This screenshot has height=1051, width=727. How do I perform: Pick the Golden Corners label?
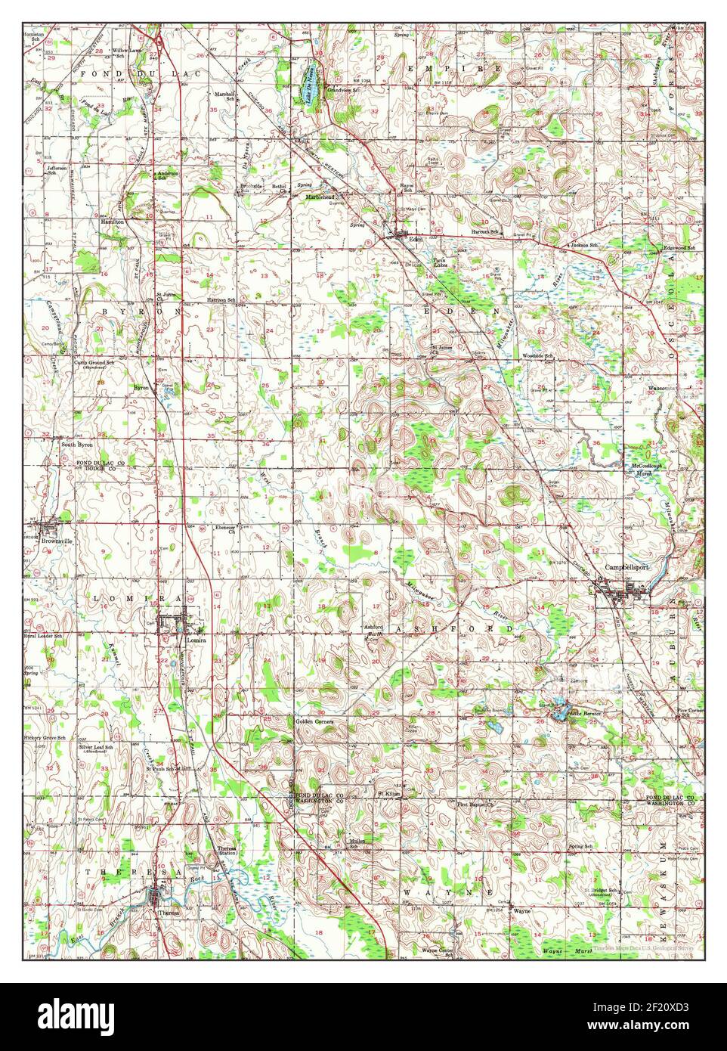click(315, 722)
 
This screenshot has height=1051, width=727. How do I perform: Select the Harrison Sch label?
click(222, 300)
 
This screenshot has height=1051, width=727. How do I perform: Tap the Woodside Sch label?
click(537, 355)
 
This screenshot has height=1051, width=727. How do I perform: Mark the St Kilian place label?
click(388, 794)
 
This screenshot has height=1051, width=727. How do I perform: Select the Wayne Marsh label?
click(563, 950)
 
